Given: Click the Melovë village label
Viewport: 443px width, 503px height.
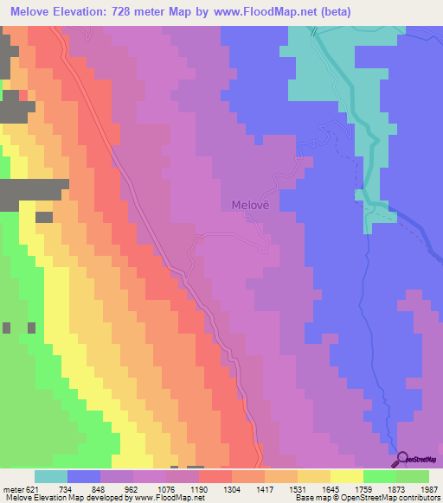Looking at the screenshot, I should point(251,206).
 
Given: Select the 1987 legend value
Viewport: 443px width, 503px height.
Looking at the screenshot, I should point(428,488).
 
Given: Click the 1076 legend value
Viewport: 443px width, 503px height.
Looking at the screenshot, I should point(165,488).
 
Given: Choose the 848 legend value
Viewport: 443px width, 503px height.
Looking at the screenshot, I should point(100,488).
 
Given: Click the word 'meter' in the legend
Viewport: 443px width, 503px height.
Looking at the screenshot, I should point(12,488).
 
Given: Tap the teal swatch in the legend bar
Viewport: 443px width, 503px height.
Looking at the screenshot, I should point(51,476).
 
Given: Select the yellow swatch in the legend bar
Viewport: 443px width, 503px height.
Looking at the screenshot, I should point(346,476).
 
